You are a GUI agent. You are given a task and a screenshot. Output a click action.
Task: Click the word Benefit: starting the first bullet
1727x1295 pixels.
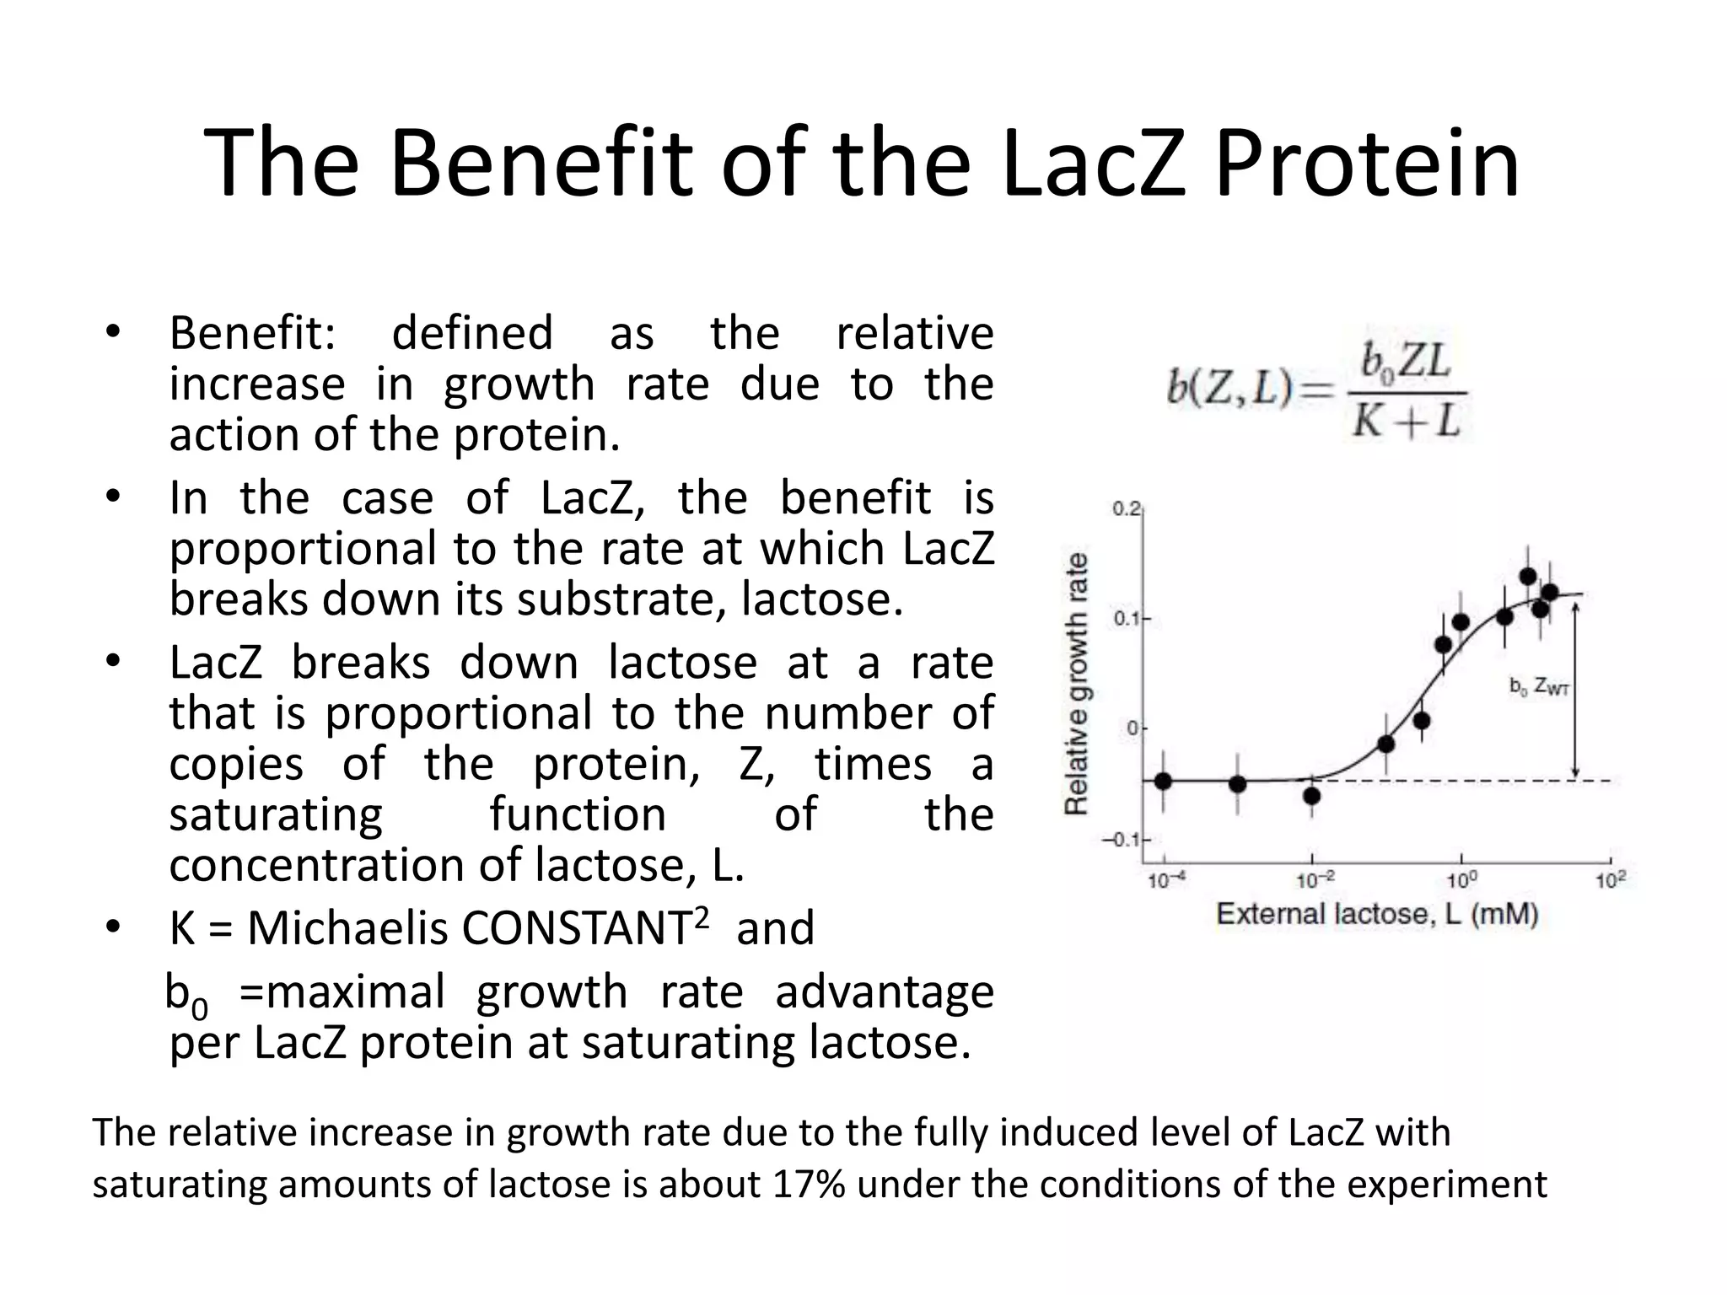[x=252, y=333]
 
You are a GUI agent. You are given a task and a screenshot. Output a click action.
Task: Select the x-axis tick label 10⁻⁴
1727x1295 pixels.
[x=1166, y=881]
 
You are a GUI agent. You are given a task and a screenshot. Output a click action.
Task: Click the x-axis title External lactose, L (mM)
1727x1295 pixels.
[x=1377, y=914]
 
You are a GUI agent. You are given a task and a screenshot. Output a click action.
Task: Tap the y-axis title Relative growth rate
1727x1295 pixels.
[x=1076, y=684]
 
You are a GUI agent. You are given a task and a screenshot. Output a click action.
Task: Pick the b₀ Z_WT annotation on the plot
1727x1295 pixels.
[x=1539, y=687]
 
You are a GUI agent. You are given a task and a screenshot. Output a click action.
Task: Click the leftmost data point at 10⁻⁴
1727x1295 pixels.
[x=1163, y=781]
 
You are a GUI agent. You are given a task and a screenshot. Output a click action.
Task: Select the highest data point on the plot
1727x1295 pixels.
[x=1527, y=577]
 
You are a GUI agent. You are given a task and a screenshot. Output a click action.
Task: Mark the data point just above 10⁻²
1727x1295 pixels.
[x=1311, y=795]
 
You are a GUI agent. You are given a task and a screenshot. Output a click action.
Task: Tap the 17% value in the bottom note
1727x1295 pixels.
[x=809, y=1184]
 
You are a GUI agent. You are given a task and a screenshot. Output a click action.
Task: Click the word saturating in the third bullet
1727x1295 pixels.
[x=276, y=814]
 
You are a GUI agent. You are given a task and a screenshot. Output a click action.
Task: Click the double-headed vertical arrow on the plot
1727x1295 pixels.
[x=1574, y=687]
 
